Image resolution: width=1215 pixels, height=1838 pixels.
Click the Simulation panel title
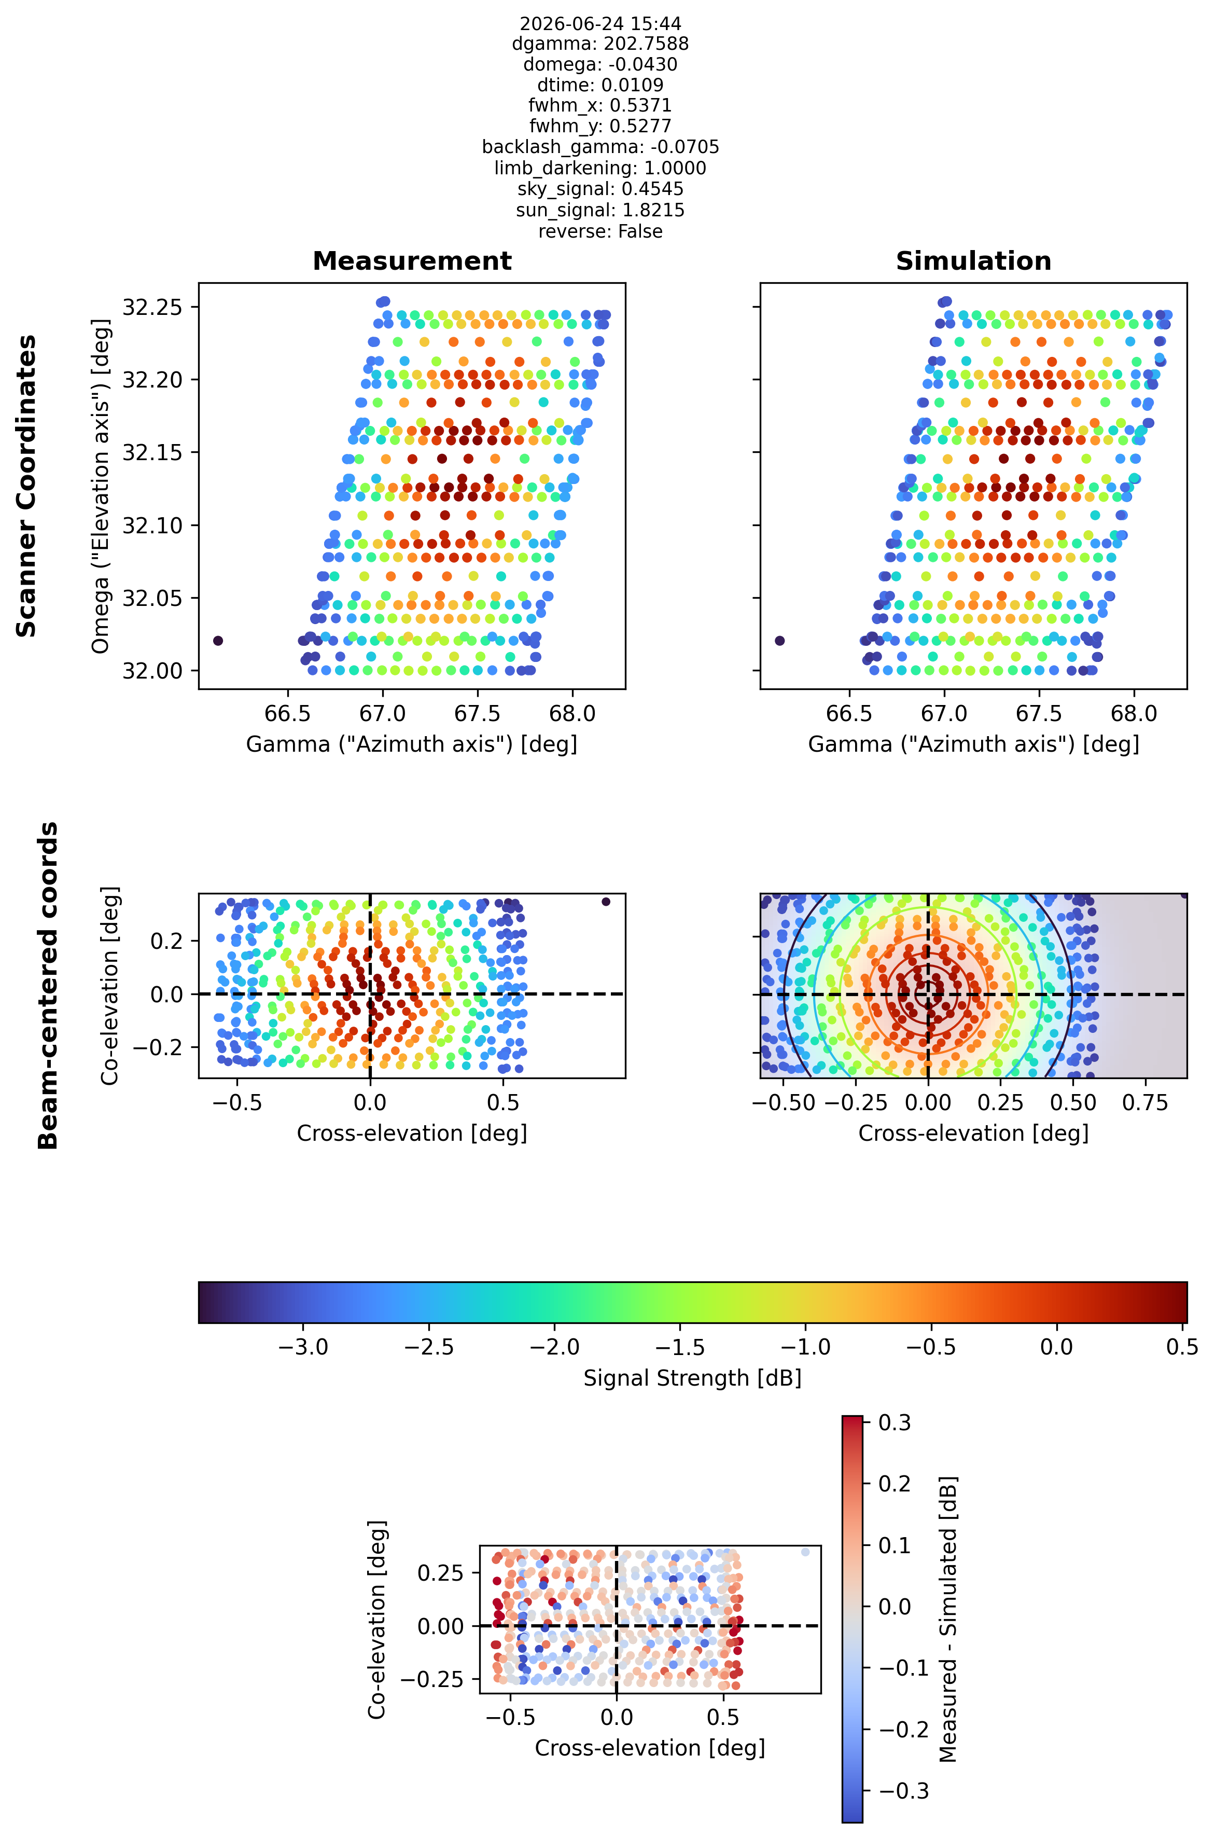pyautogui.click(x=973, y=261)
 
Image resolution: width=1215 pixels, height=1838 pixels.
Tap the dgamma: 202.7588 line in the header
pyautogui.click(x=600, y=44)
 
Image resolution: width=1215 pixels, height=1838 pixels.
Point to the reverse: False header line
pyautogui.click(x=600, y=231)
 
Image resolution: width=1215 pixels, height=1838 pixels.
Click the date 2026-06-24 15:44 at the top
pyautogui.click(x=600, y=23)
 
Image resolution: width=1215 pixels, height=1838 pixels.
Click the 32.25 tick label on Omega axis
pyautogui.click(x=152, y=308)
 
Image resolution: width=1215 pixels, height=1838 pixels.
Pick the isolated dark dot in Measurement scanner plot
pyautogui.click(x=218, y=640)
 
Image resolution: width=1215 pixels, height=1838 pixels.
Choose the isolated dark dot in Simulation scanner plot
pyautogui.click(x=779, y=640)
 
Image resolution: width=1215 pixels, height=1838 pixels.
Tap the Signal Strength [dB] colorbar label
pyautogui.click(x=692, y=1377)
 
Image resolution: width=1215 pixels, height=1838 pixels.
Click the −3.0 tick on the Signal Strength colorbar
pyautogui.click(x=303, y=1347)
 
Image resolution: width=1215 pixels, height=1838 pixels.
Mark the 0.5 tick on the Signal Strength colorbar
pyautogui.click(x=1182, y=1347)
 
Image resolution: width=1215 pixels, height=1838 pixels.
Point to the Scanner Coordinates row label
pyautogui.click(x=26, y=486)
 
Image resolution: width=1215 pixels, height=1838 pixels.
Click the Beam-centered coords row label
pyautogui.click(x=48, y=985)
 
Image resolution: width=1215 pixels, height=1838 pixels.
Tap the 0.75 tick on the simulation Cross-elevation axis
pyautogui.click(x=1146, y=1102)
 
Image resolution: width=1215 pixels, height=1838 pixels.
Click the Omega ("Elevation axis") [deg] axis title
pyautogui.click(x=100, y=486)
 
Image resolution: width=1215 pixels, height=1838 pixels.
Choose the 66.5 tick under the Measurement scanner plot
pyautogui.click(x=287, y=713)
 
